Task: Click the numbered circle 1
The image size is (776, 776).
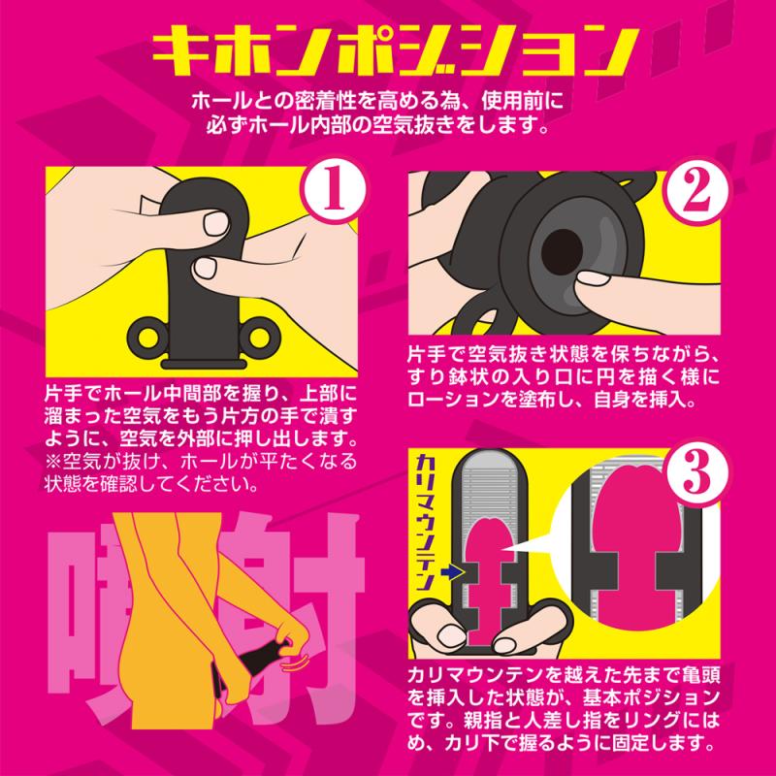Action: (x=334, y=192)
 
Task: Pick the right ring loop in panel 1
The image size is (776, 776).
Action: (x=263, y=338)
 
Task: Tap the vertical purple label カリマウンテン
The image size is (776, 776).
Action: (x=426, y=523)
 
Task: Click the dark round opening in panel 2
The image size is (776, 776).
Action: (x=562, y=250)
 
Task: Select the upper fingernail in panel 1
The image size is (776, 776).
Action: (x=216, y=223)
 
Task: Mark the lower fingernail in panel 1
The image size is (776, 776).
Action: (x=206, y=269)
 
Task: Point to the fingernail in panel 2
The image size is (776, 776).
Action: (x=595, y=278)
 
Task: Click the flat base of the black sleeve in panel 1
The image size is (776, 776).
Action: (x=204, y=365)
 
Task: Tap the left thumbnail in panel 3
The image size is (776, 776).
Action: (x=449, y=636)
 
